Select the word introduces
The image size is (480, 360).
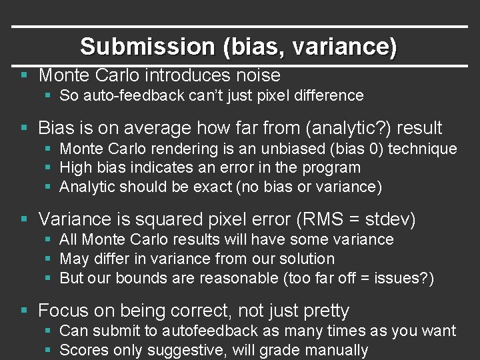pos(182,75)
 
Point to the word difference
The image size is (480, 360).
pos(327,95)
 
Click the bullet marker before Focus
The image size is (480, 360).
pos(24,311)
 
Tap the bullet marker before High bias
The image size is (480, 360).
pos(50,168)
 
